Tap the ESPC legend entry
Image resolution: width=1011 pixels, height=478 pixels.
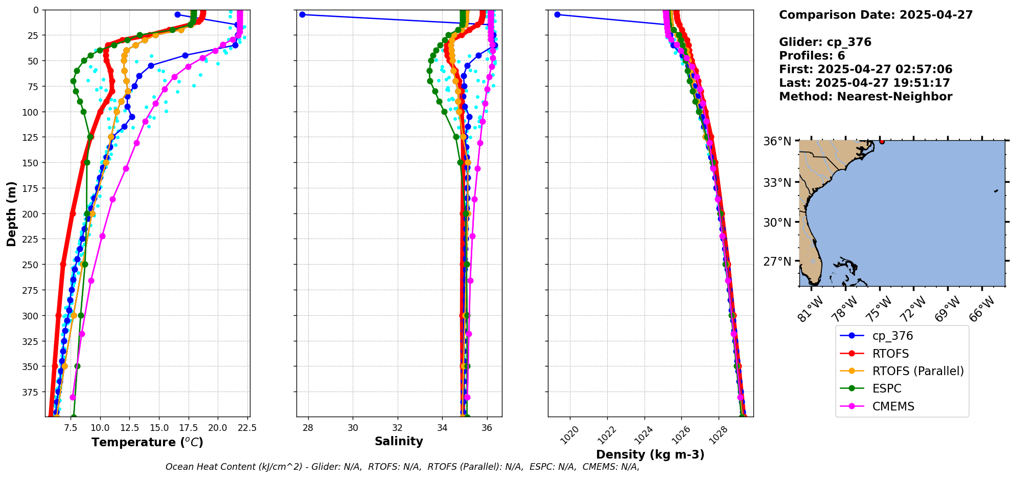point(886,388)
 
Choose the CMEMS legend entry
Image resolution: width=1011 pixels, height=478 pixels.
point(892,406)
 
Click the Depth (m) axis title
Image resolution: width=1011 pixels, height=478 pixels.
point(11,213)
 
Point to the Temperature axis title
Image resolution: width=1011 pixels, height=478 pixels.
point(147,442)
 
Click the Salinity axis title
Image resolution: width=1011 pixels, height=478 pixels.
point(399,441)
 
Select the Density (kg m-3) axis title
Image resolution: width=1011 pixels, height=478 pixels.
point(650,454)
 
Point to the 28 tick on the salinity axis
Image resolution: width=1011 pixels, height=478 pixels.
point(308,427)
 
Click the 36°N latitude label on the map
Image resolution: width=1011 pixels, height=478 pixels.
point(777,141)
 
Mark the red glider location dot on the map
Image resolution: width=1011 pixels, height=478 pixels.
point(882,141)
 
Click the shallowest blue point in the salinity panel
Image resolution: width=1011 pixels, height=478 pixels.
point(302,14)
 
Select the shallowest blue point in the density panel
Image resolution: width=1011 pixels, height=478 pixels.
point(557,14)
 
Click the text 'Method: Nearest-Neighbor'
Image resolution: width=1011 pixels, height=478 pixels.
point(865,97)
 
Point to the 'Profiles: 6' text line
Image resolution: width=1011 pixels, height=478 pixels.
point(812,56)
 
